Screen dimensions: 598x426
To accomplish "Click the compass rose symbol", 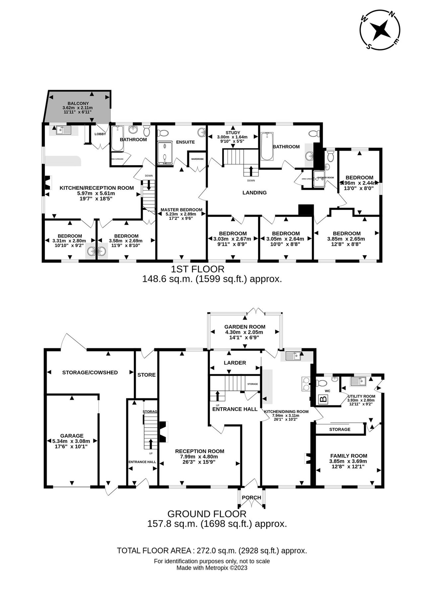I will point(380,30).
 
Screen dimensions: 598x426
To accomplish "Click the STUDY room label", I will point(232,133).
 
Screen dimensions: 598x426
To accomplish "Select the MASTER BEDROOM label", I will point(181,210).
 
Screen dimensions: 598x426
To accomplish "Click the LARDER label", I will point(235,363).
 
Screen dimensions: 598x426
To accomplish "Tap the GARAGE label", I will point(72,436).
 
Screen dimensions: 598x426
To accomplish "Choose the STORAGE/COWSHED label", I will point(90,372).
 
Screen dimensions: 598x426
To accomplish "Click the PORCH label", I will point(251,497).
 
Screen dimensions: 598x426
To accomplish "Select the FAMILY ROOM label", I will point(348,456).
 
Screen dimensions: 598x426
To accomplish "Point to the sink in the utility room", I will point(358,381).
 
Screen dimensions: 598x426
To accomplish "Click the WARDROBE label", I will point(198,159).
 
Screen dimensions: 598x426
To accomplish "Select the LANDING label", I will point(254,192).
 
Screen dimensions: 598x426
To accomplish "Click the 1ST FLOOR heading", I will point(197,269).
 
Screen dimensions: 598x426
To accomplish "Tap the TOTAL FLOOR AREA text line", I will point(212,550).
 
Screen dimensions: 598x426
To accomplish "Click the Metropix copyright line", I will point(212,568).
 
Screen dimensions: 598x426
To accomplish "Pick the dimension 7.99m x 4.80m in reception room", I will point(199,456).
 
